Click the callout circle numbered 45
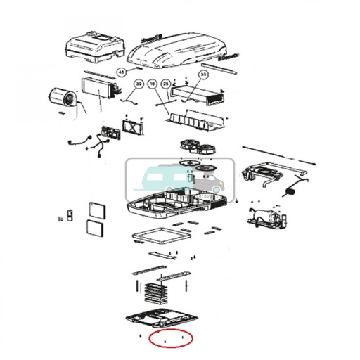click(121, 72)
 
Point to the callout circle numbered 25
click(166, 84)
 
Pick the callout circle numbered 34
click(204, 75)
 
